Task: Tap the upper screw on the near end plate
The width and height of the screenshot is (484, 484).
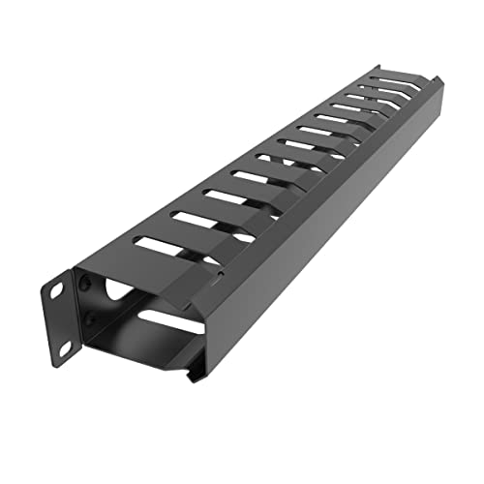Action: pyautogui.click(x=87, y=284)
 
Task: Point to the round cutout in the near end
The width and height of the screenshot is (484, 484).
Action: pyautogui.click(x=114, y=287)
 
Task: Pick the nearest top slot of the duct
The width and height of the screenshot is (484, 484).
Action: pyautogui.click(x=161, y=246)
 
